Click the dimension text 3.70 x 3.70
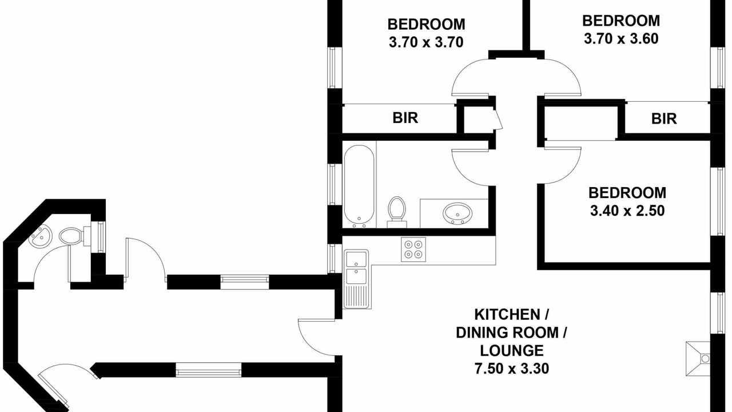[426, 42]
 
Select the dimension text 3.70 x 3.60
[621, 38]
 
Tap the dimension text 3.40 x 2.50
[627, 211]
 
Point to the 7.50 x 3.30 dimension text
[512, 369]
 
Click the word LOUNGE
[512, 351]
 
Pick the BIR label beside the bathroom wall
[405, 118]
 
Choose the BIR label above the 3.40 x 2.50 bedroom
[664, 118]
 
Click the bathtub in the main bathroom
[359, 187]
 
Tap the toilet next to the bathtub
[397, 212]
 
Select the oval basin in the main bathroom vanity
[457, 213]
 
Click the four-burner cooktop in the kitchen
[413, 249]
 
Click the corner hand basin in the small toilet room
[41, 237]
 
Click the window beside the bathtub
[332, 185]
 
